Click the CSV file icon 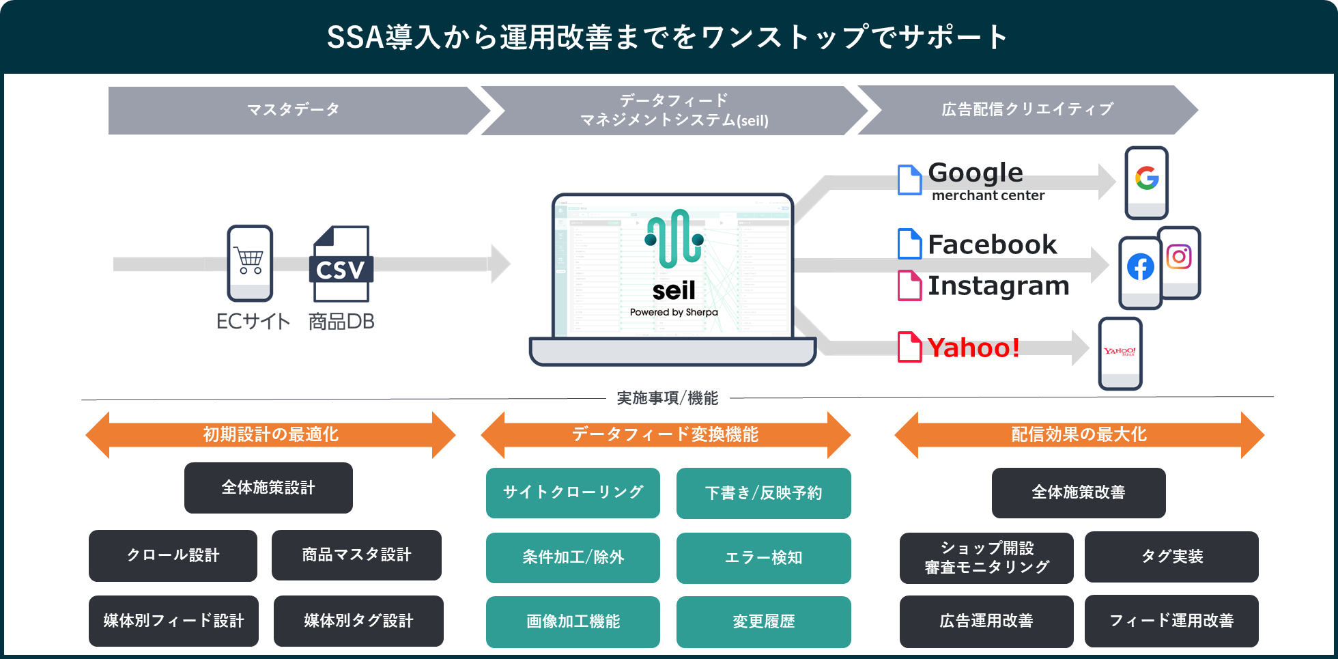point(341,264)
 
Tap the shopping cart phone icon point(250,263)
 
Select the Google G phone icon point(1147,182)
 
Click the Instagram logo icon point(1179,258)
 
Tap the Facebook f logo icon point(1140,268)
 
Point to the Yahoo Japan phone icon point(1120,353)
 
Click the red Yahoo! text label point(973,348)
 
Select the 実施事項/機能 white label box point(668,399)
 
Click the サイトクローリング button point(573,492)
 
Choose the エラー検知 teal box point(763,558)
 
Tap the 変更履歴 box point(763,621)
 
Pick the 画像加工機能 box point(573,621)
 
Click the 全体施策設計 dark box point(268,488)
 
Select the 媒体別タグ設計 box point(358,621)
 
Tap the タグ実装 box point(1171,557)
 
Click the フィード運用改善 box point(1171,621)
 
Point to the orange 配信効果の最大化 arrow point(1079,434)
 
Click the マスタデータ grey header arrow point(294,110)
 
